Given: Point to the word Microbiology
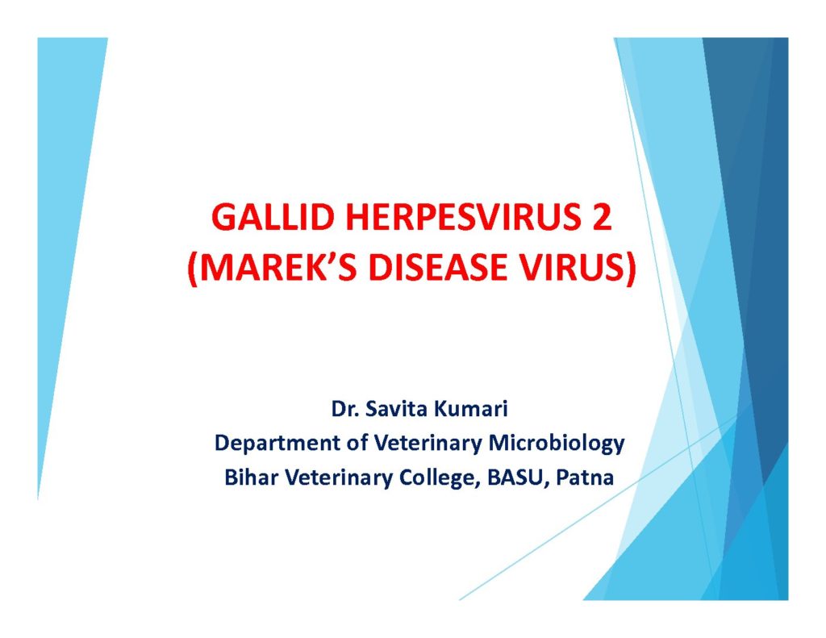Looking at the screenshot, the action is point(557,444).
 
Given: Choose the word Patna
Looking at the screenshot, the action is point(586,477).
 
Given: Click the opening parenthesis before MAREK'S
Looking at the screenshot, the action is point(192,269).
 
